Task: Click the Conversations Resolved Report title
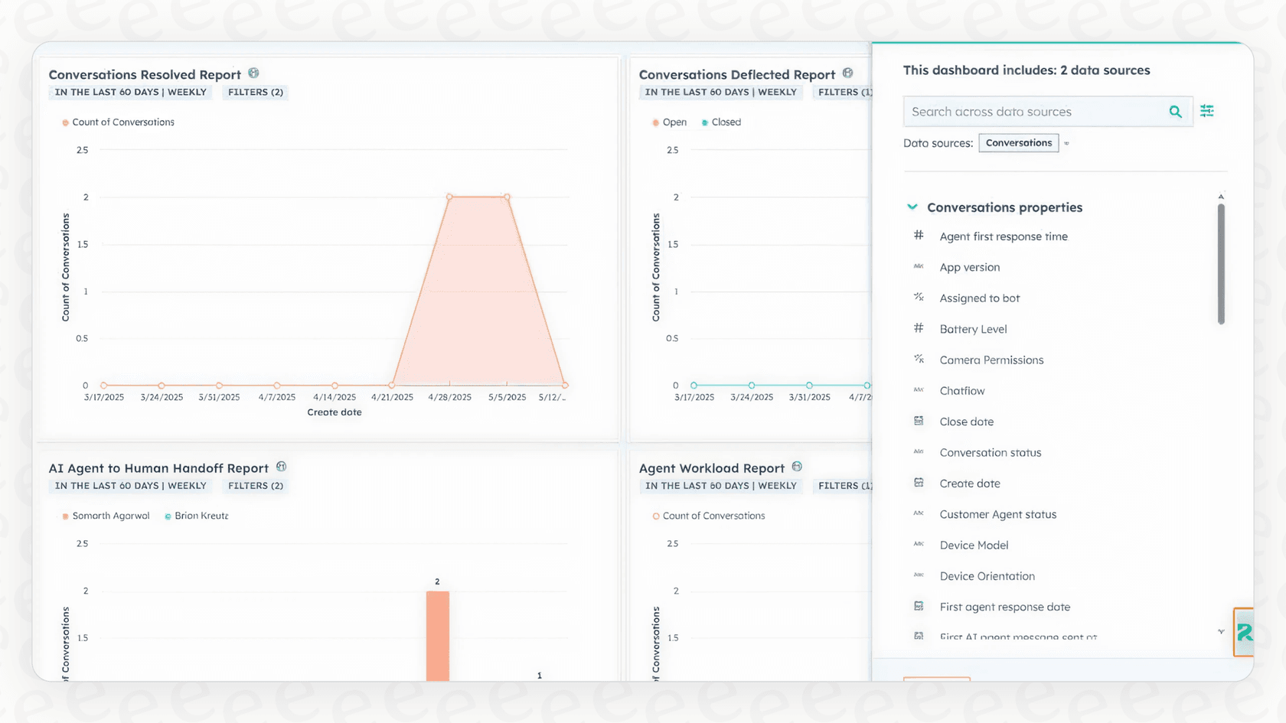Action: point(145,74)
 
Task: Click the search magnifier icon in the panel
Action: point(1175,112)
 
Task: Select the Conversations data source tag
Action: point(1018,143)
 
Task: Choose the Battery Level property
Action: point(973,329)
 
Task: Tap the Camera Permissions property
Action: point(991,360)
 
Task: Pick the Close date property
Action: point(966,422)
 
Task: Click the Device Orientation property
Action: point(987,576)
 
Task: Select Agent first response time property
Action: point(1003,236)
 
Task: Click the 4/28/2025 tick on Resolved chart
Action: point(449,397)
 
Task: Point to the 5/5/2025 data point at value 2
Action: point(507,197)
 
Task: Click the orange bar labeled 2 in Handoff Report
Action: point(438,635)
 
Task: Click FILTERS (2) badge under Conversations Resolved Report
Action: point(256,93)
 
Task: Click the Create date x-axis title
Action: point(335,412)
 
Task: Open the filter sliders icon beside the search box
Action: point(1207,112)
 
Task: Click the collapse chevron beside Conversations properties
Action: point(912,207)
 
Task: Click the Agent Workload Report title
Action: point(711,468)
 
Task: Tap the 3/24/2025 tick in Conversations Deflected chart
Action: point(751,397)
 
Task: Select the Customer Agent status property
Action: point(997,514)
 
